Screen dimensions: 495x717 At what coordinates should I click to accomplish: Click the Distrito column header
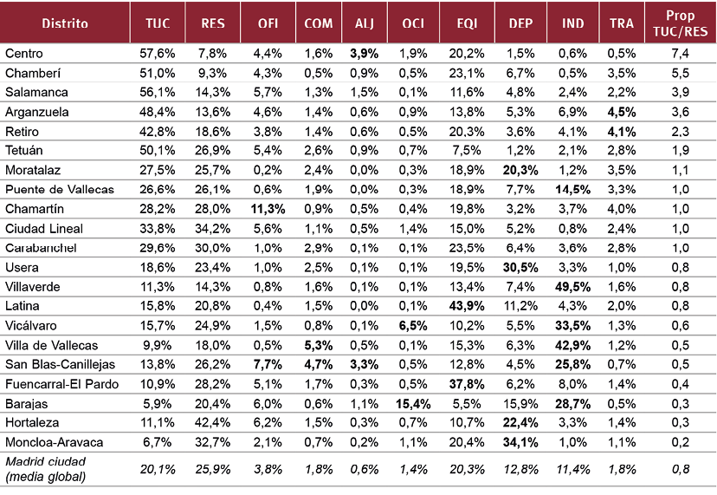coord(65,23)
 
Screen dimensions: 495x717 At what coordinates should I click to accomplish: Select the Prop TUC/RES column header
coord(680,23)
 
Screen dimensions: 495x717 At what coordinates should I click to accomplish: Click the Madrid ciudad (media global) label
coord(47,468)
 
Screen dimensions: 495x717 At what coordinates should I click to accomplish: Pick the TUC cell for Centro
coord(158,54)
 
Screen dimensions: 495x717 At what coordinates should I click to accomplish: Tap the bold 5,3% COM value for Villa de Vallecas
coord(313,345)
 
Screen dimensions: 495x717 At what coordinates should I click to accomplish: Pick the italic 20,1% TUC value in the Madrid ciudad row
coord(158,468)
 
